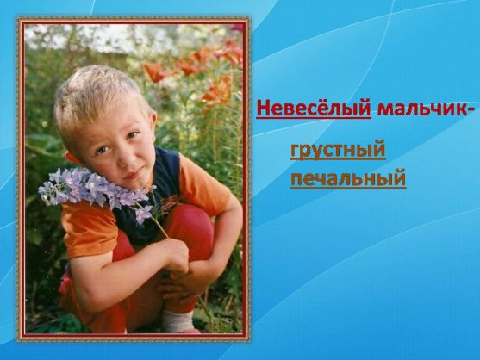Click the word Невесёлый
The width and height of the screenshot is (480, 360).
(314, 108)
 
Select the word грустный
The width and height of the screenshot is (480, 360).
(338, 150)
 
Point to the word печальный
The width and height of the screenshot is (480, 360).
(348, 178)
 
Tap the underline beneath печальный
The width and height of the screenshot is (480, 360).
(348, 187)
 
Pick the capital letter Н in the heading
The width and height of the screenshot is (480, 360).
(264, 109)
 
